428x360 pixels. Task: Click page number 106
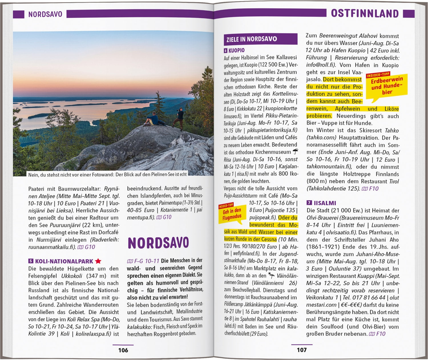123,350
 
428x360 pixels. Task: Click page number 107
302,350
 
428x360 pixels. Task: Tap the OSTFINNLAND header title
365,13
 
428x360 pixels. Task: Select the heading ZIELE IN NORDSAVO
251,39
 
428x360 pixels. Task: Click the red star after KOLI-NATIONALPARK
98,261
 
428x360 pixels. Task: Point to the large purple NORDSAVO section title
158,243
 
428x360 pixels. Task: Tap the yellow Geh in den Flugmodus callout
232,214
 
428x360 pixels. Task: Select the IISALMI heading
325,203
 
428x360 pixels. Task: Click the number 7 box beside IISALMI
309,203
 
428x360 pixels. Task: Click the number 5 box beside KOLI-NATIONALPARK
31,261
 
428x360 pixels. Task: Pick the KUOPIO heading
236,50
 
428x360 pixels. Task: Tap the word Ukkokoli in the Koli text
72,276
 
